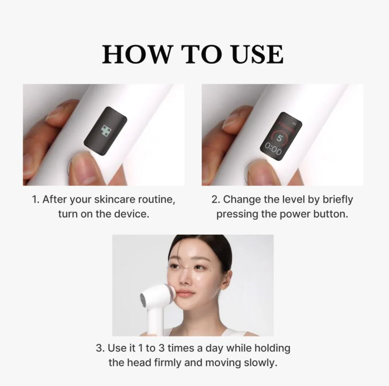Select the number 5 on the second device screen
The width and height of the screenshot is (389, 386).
pos(280,138)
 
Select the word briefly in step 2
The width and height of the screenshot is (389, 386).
pos(338,200)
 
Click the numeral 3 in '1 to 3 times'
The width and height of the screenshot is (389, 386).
pos(161,348)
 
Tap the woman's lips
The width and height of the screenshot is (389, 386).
pos(184,294)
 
